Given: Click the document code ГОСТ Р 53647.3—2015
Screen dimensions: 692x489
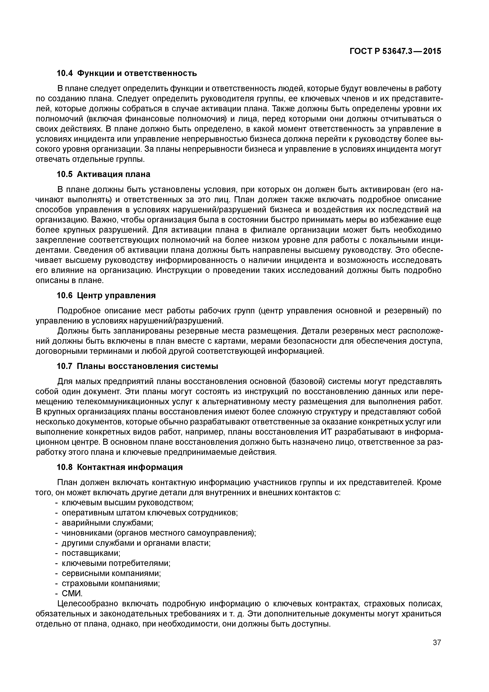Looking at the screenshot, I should tap(395, 52).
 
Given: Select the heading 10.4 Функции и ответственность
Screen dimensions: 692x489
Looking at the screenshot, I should tap(127, 73).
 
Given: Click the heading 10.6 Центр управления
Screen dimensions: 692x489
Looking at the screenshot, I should tap(106, 295).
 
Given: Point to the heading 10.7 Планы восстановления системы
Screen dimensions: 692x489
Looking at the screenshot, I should tap(137, 366).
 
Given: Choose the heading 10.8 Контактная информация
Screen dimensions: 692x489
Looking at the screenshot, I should tap(120, 467).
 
